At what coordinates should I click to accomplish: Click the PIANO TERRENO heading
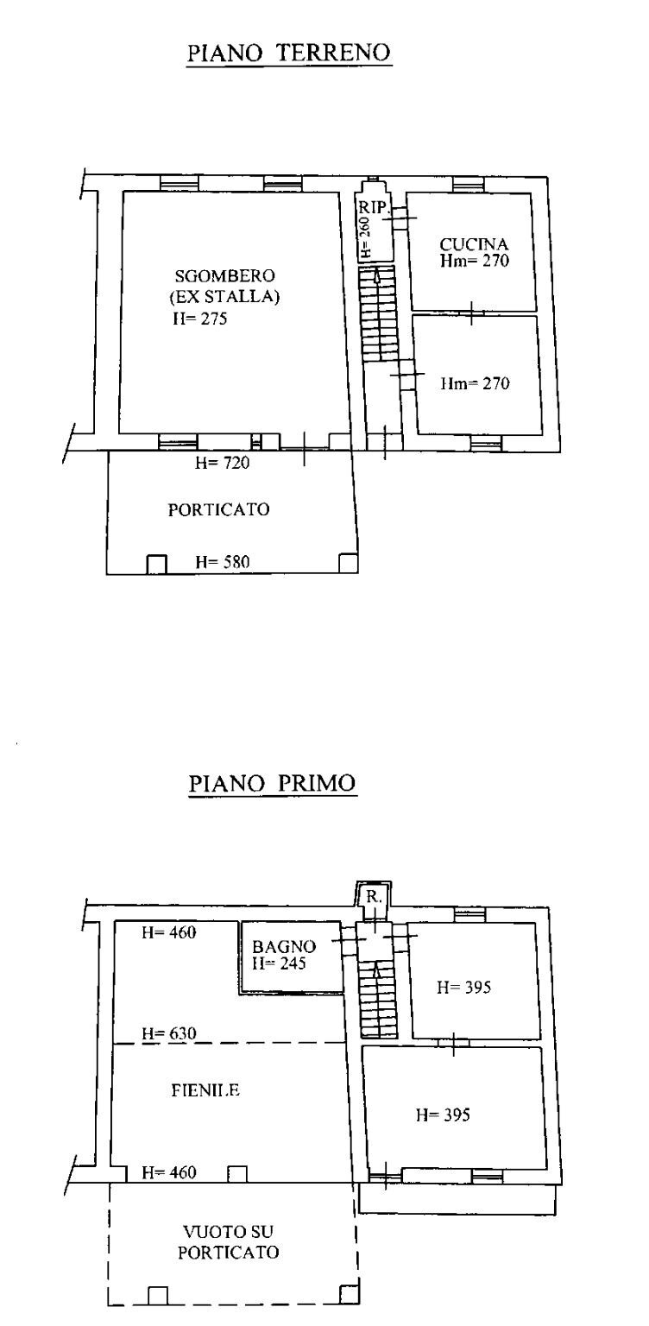(289, 53)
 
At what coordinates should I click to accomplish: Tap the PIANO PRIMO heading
(272, 784)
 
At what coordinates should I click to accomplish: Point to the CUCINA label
(473, 243)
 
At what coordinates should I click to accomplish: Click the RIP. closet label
(375, 208)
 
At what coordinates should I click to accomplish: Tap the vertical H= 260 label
(366, 237)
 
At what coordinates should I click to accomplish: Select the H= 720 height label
(222, 464)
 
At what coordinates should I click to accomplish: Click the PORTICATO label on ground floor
(217, 509)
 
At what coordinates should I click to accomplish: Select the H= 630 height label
(169, 1033)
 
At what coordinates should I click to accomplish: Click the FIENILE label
(205, 1090)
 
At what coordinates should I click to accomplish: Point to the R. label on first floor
(372, 897)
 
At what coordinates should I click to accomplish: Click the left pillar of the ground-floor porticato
(156, 563)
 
